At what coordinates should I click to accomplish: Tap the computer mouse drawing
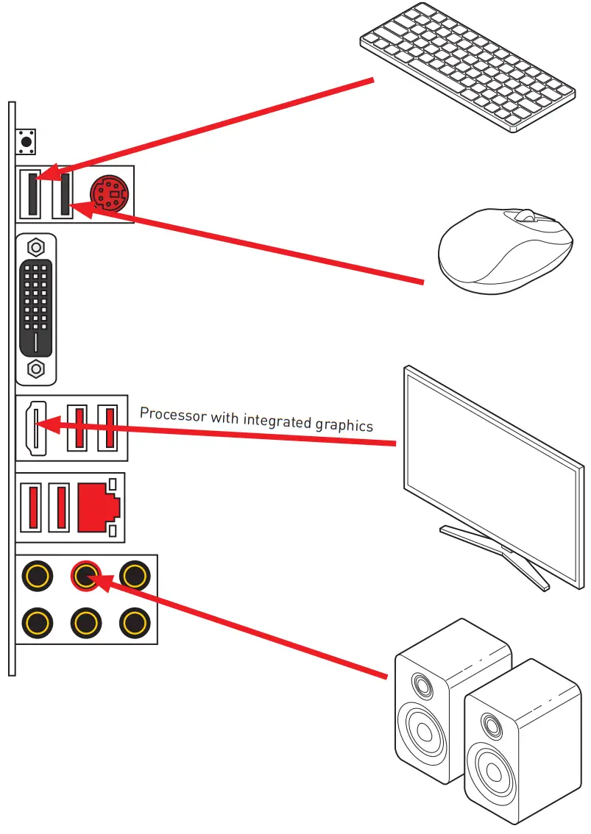point(505,250)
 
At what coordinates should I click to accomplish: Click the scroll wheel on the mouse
point(525,215)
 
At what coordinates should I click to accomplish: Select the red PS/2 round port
point(107,193)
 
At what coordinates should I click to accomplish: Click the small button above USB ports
point(27,140)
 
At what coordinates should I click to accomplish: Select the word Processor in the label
point(173,415)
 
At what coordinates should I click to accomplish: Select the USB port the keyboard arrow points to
point(31,193)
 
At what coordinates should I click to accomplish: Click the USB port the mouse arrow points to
point(63,195)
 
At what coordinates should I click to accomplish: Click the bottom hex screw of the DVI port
point(35,367)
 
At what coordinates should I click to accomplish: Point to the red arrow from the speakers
point(243,625)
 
